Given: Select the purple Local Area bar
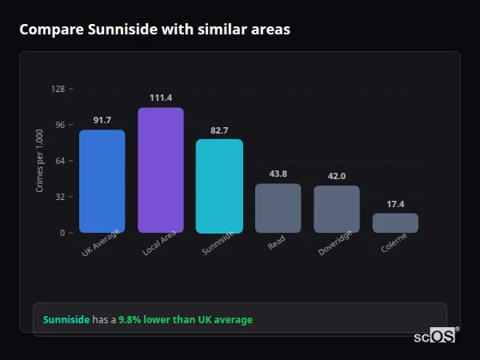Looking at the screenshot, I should pos(160,170).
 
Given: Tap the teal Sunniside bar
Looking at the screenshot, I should pos(219,186).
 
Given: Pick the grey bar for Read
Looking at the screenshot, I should pos(278,208).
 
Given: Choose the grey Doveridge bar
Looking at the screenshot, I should pos(337,209).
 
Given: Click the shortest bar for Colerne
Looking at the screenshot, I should pos(395,222).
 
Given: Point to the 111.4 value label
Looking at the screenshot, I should pos(160,98).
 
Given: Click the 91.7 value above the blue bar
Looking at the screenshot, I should pos(102,120).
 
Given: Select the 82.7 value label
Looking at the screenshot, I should pos(219,130).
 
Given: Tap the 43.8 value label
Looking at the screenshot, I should pos(278,174).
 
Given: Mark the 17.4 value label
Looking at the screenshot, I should pos(395,204).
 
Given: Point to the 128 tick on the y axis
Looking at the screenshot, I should pos(58,89).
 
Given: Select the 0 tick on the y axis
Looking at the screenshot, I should pos(62,233).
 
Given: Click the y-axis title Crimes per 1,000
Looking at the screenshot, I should pos(39,161).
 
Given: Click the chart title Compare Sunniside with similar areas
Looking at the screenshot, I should pos(154,30).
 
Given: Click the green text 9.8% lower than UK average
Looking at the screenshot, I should pos(185,320).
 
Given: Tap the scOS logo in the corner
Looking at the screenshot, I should pos(435,336).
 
